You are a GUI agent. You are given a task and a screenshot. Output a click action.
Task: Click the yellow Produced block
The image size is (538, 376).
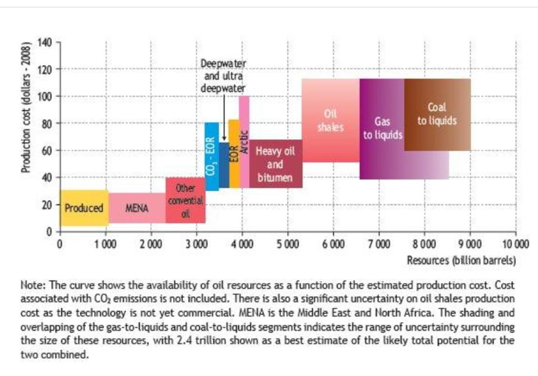[84, 208]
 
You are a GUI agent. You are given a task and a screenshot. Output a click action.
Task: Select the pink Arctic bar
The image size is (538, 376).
[244, 135]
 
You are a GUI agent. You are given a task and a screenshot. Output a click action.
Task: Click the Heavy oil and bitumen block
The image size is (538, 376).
[275, 164]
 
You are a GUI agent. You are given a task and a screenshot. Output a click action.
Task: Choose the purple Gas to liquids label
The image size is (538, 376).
[382, 129]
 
